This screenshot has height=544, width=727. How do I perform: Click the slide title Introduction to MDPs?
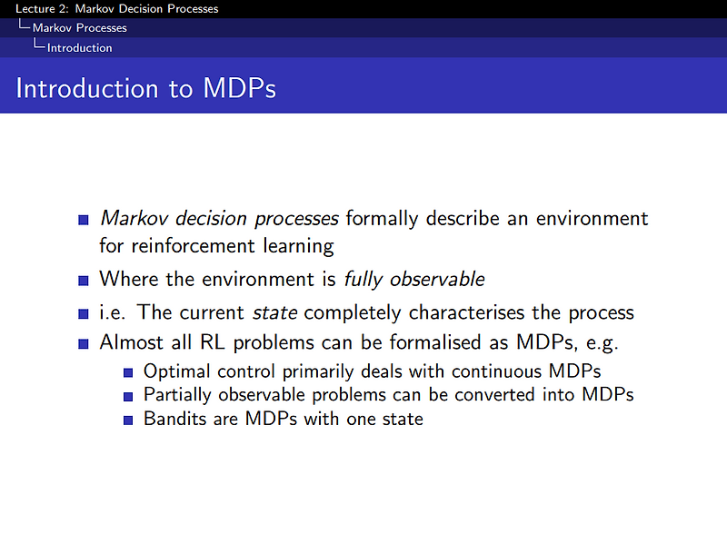(x=146, y=89)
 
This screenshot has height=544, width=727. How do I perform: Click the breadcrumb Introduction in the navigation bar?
(x=80, y=48)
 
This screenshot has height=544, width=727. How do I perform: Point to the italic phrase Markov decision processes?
(x=219, y=219)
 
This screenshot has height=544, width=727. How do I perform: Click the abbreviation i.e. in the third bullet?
(x=115, y=312)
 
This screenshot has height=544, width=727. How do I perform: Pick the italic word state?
(x=274, y=312)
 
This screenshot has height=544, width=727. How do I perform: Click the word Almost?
(x=131, y=344)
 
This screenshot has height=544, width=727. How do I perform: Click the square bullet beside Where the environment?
(x=84, y=280)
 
